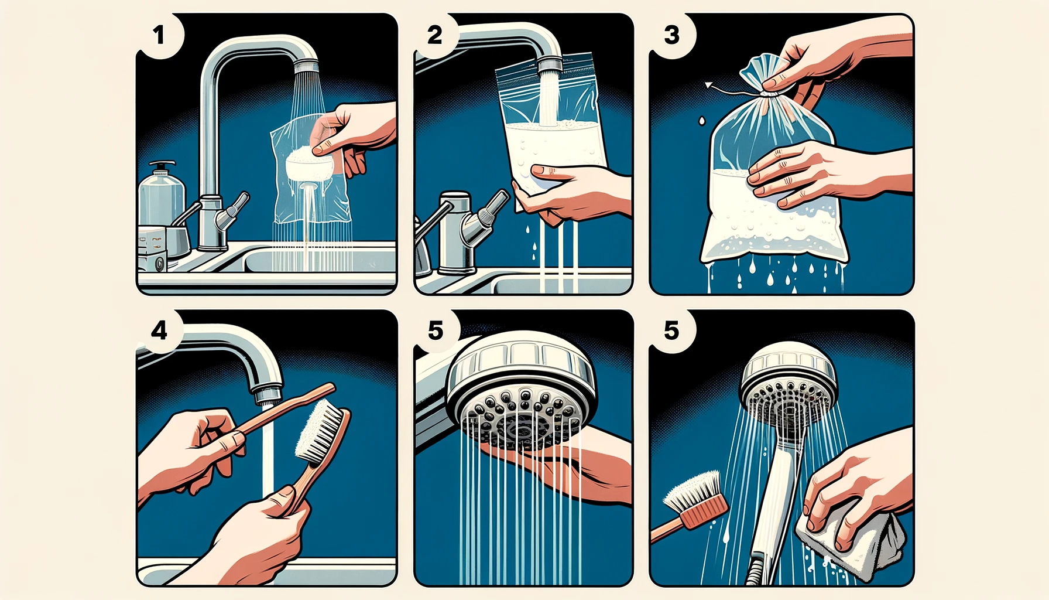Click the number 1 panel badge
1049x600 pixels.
(x=159, y=36)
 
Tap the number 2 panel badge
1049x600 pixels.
(x=435, y=35)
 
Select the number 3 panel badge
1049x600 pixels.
(x=672, y=35)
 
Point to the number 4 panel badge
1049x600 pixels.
(x=159, y=331)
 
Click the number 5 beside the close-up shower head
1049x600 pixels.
(x=436, y=331)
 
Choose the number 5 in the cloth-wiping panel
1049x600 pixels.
(x=672, y=331)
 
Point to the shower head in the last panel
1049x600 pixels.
(x=789, y=384)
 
